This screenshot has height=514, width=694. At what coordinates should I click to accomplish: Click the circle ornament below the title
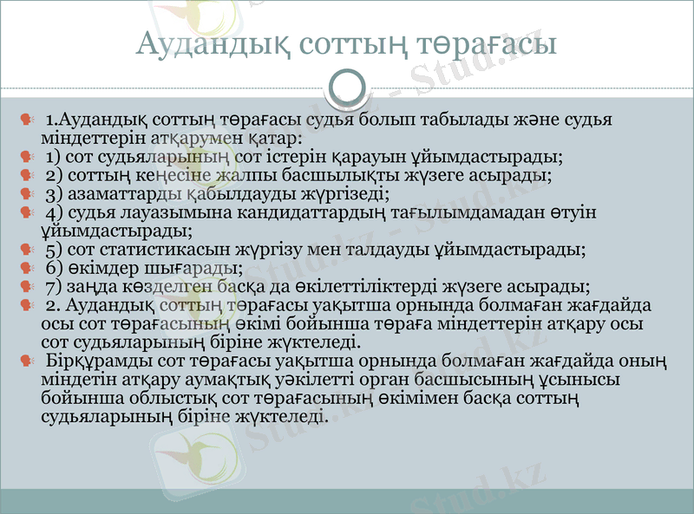[347, 86]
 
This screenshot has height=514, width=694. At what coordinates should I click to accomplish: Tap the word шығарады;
[200, 268]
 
